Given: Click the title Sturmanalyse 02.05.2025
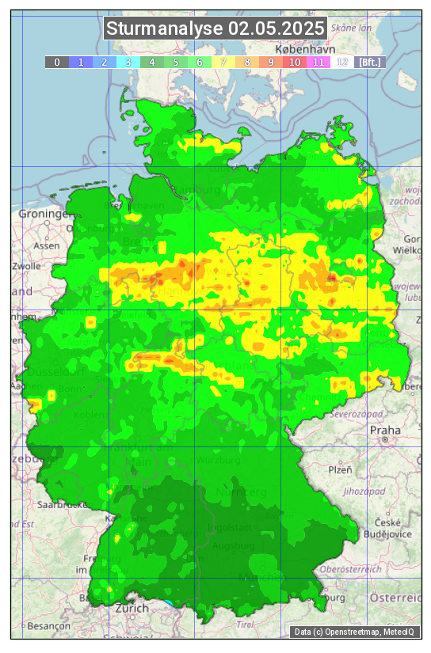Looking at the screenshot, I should pyautogui.click(x=215, y=29).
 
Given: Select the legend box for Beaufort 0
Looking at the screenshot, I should pyautogui.click(x=57, y=62).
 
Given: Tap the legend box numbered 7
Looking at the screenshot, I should pyautogui.click(x=223, y=62).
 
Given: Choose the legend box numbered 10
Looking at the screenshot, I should pyautogui.click(x=295, y=62).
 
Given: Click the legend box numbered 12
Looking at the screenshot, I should pyautogui.click(x=342, y=62).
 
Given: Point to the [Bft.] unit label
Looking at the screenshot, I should pyautogui.click(x=370, y=62).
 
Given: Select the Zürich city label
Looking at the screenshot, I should pyautogui.click(x=132, y=608).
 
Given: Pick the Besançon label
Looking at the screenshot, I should pyautogui.click(x=48, y=625).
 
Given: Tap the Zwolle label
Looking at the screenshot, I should pyautogui.click(x=26, y=266).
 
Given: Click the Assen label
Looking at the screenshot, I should pyautogui.click(x=47, y=245).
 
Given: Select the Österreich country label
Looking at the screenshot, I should pyautogui.click(x=396, y=598).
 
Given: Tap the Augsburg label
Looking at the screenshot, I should pyautogui.click(x=235, y=546).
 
